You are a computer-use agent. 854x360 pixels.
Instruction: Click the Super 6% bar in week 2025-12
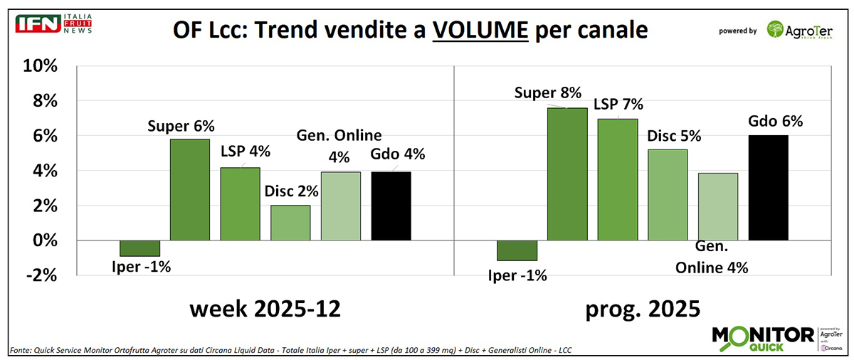[x=190, y=190]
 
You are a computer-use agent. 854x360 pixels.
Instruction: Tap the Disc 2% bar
[x=290, y=223]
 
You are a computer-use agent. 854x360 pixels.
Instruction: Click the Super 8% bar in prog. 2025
[x=567, y=174]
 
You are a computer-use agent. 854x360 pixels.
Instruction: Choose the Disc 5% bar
[x=668, y=195]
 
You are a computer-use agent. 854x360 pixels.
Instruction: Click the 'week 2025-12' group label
[x=265, y=310]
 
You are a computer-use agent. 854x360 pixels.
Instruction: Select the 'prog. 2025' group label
[x=642, y=310]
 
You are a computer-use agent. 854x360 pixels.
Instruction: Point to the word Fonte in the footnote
[x=21, y=350]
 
